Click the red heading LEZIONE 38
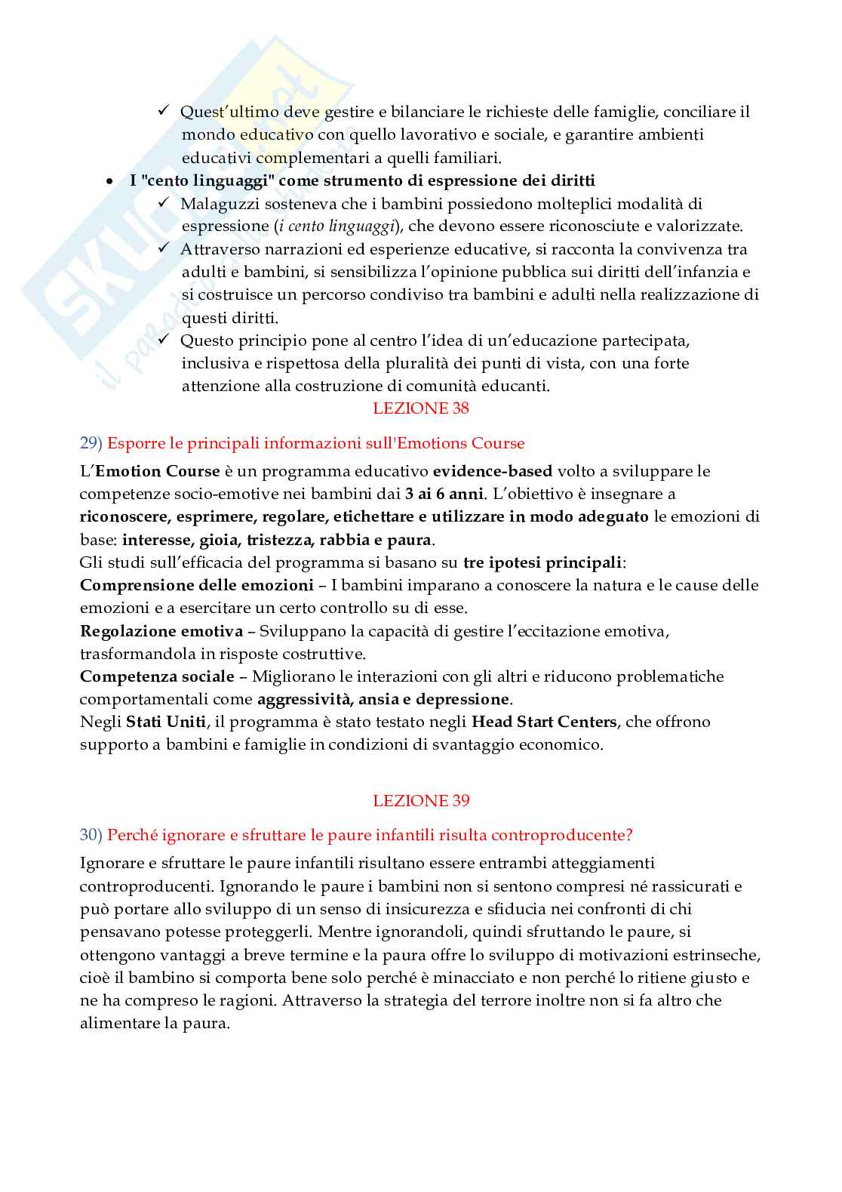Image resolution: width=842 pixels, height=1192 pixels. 420,408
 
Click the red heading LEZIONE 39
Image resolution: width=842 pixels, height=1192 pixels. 420,800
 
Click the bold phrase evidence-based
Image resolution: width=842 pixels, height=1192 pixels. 493,471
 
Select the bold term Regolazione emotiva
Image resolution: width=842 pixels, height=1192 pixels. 161,630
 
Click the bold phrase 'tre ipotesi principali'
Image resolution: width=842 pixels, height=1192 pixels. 542,562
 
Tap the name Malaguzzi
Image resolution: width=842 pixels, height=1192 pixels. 217,204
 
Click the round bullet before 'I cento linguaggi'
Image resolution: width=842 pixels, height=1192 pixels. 110,182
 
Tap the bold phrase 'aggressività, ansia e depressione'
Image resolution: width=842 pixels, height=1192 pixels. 383,699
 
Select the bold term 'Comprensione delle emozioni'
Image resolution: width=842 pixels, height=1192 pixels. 196,585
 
